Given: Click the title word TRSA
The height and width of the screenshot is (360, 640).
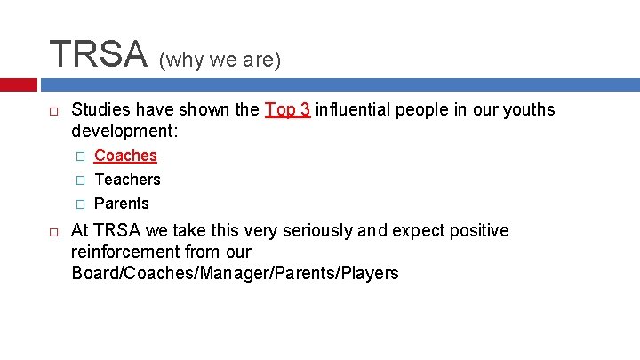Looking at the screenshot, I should click(98, 54).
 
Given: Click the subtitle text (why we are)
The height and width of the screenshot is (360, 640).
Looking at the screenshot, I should click(220, 60).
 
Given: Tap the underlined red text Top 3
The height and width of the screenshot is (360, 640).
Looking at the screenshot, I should click(287, 109).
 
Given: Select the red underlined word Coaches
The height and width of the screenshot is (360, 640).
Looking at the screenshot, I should click(125, 156).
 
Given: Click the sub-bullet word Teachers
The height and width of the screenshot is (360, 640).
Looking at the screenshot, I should click(127, 180).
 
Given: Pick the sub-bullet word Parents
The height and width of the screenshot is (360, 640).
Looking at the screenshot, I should click(122, 203).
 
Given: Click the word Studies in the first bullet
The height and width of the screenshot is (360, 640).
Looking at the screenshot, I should click(100, 109).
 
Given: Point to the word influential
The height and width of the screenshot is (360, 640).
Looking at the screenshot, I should click(351, 109).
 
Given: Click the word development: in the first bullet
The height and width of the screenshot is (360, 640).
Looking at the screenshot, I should click(124, 131).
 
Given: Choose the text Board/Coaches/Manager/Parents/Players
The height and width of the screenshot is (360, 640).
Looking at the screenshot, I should click(235, 273).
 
